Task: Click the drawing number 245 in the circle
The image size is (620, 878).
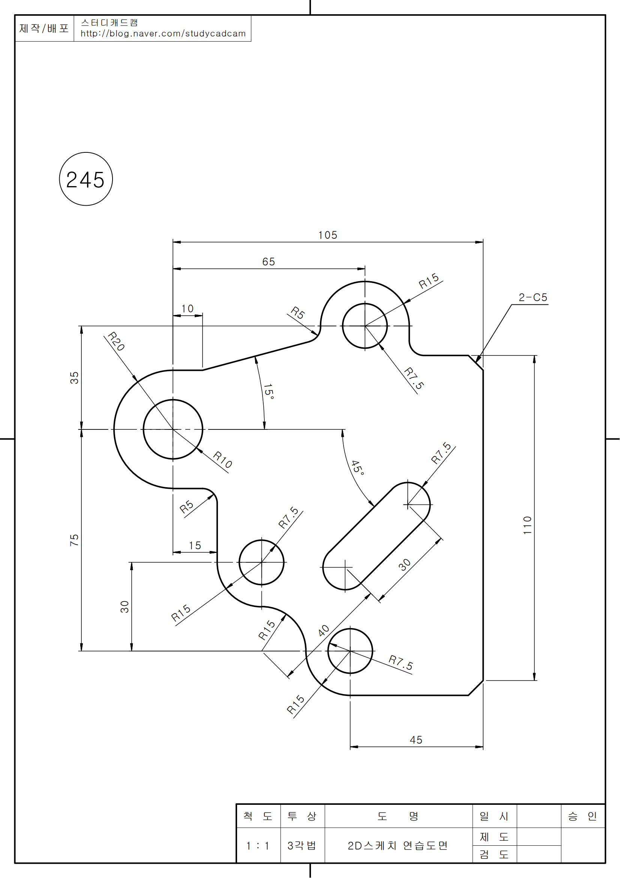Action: pos(86,180)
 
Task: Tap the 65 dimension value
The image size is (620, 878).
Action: pos(269,262)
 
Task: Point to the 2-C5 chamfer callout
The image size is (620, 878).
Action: pos(533,297)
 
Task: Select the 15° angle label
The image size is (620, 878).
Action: pos(269,391)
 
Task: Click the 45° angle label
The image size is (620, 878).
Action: pos(357,467)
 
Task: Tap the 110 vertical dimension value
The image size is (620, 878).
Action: pos(528,525)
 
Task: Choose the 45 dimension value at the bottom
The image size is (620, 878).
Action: pos(416,740)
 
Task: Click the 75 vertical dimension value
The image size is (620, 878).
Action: pos(74,540)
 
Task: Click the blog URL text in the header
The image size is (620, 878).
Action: pos(163,34)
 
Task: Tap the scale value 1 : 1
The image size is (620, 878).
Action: pos(258,845)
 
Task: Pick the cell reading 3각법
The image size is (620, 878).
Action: pos(302,845)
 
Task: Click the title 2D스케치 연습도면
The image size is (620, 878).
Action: pos(398,845)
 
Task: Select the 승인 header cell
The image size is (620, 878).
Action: pos(582,816)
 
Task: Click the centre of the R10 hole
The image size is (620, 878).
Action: pos(173,429)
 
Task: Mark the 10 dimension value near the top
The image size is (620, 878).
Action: pos(187,308)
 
